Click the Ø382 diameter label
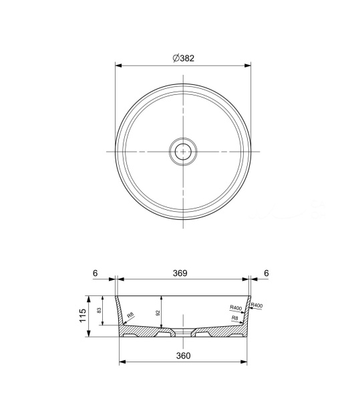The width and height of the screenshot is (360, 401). point(184,58)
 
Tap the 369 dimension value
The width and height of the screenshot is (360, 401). point(180,273)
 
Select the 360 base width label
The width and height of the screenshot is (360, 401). point(183,356)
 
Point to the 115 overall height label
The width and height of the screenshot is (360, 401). point(83,315)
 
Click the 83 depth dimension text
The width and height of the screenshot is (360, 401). point(99,310)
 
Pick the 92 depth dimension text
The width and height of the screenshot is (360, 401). point(158,313)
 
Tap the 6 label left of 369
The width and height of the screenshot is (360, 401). point(95,273)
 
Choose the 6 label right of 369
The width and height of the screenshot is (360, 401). point(266,273)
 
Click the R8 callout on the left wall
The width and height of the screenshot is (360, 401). point(130,315)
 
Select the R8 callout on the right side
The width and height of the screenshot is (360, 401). point(234,318)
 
